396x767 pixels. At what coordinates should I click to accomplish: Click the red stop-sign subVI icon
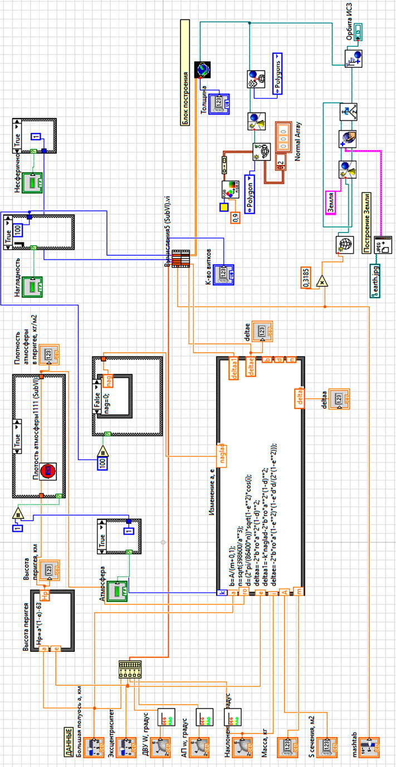(48, 471)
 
